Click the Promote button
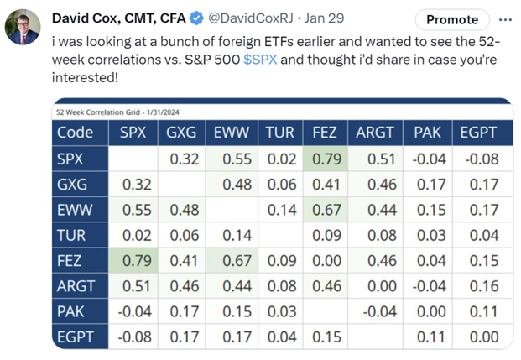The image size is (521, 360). tap(453, 19)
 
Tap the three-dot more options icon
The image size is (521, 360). tap(504, 18)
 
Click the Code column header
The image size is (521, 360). tap(76, 132)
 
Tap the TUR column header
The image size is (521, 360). tap(279, 132)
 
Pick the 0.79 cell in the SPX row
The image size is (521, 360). tap(326, 159)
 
